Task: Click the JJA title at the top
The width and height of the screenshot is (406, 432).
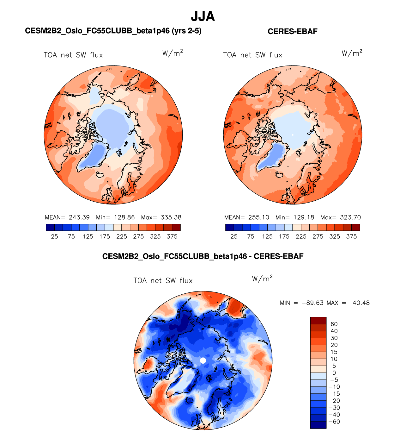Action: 203,16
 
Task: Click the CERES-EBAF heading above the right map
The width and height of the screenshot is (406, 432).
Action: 292,31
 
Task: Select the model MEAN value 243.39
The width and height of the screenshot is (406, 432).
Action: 79,217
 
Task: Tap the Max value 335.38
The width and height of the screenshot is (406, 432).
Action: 171,217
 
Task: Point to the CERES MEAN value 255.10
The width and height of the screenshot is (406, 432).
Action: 258,217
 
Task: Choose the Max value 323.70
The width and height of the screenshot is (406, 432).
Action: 350,217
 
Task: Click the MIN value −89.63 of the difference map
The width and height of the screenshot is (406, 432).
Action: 312,303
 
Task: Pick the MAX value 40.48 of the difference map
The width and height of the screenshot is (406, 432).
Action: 361,303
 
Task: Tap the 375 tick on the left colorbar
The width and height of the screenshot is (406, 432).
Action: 172,236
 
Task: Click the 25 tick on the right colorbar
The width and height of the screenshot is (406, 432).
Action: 234,236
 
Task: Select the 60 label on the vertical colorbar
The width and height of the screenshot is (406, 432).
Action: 334,324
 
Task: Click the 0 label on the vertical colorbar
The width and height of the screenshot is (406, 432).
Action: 334,373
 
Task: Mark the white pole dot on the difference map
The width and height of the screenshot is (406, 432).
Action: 203,360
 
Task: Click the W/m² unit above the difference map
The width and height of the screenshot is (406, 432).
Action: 262,279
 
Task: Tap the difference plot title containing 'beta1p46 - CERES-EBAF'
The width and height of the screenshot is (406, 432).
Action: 203,256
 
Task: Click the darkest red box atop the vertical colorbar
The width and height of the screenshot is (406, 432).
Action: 318,320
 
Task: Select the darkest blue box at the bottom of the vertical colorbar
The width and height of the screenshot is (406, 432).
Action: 318,425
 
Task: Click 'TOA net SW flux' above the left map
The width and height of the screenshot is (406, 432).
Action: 73,55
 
